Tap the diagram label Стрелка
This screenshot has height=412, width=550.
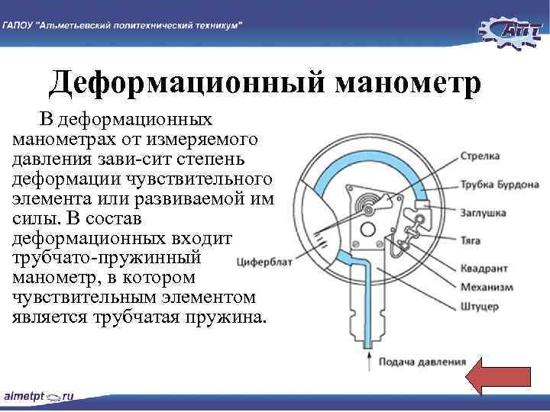point(480,156)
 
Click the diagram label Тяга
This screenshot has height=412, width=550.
point(471,240)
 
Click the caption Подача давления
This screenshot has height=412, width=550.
point(422,362)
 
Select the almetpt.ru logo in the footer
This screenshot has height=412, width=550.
point(38,397)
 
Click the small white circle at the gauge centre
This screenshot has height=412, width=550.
point(367,230)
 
